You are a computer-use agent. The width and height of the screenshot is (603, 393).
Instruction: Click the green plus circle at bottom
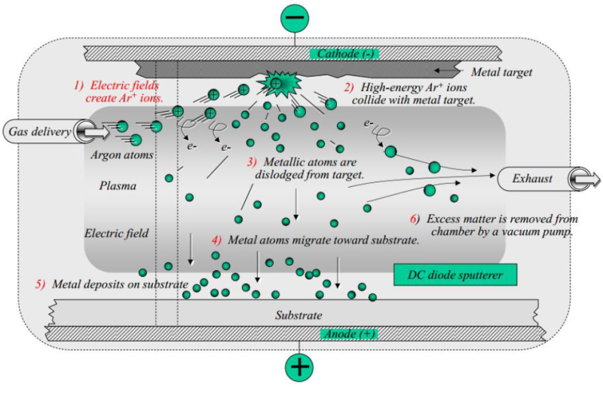pyautogui.click(x=301, y=367)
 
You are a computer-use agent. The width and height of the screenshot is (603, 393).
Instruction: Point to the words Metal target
pyautogui.click(x=501, y=72)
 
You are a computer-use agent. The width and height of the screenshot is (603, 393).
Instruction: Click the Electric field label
pyautogui.click(x=116, y=233)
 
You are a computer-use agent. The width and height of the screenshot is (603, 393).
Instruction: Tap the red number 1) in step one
pyautogui.click(x=78, y=85)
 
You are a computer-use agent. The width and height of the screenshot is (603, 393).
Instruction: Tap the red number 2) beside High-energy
pyautogui.click(x=349, y=87)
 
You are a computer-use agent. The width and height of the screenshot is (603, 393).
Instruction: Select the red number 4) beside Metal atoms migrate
pyautogui.click(x=216, y=241)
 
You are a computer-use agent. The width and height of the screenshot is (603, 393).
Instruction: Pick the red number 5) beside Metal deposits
pyautogui.click(x=40, y=284)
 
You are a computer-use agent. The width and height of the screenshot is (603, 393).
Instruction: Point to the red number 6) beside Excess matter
pyautogui.click(x=413, y=219)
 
